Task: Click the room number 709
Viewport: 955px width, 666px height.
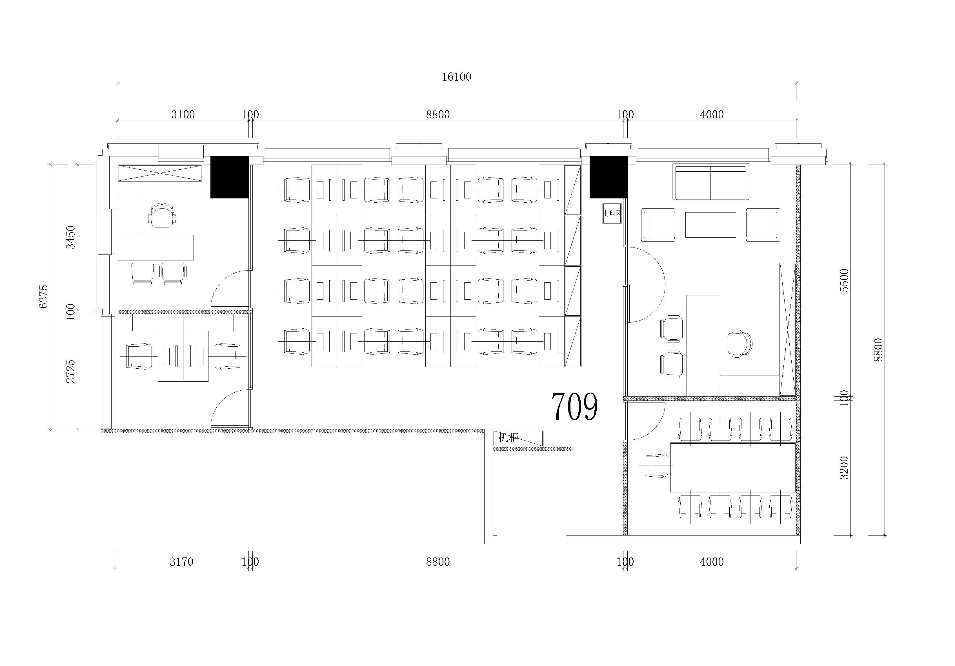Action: coord(575,406)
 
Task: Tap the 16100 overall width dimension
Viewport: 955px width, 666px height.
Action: coord(456,77)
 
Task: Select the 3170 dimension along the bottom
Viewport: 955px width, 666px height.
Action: coord(181,562)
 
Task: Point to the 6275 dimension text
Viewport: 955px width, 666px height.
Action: coord(44,297)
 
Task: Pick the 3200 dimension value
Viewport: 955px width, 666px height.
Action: coord(844,468)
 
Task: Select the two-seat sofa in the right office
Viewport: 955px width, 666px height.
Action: coord(710,182)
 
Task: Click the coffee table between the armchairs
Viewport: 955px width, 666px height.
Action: coord(710,225)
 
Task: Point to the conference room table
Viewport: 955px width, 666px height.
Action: coord(732,468)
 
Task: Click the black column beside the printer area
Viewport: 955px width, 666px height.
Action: coord(608,177)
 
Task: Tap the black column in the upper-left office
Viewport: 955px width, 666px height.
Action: coord(229,177)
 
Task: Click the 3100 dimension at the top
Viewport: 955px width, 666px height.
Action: coord(183,114)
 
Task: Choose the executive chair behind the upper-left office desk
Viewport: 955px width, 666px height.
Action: coord(163,215)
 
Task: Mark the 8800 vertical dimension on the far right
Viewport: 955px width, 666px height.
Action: coord(878,350)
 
